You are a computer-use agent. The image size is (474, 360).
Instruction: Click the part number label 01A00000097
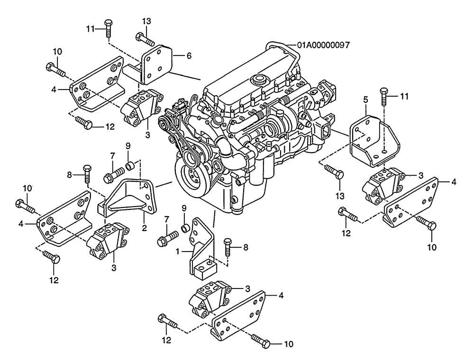[x=324, y=45]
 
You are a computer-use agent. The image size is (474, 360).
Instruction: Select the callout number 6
[x=189, y=55]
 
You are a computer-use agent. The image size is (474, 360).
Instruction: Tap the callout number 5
[x=365, y=100]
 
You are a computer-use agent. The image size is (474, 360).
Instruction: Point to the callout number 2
[x=144, y=228]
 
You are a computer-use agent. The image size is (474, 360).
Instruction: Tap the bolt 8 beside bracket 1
[x=227, y=246]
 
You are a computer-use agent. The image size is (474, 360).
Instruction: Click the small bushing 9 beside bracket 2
[x=128, y=166]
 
